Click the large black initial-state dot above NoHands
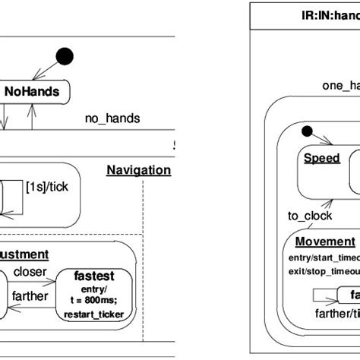[x=66, y=55]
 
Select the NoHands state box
[x=35, y=92]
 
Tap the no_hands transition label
[x=112, y=119]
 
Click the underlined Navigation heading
[x=138, y=170]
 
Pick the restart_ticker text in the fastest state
[x=99, y=314]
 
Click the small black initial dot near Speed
[x=307, y=130]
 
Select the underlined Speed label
[x=322, y=158]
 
